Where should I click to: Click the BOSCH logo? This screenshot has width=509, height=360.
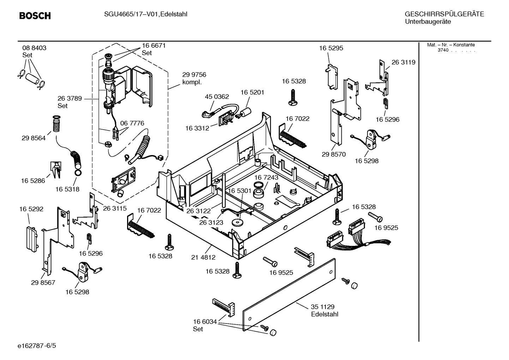tap(35, 16)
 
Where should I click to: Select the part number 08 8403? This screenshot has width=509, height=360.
tap(34, 48)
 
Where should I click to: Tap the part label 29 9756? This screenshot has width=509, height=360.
tap(194, 75)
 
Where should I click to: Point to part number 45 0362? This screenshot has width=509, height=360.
tap(217, 96)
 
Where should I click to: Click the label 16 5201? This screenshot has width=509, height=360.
tap(252, 92)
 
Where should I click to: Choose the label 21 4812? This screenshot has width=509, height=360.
tap(203, 258)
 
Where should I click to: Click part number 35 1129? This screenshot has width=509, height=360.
tap(322, 307)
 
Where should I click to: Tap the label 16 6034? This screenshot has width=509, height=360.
tap(205, 321)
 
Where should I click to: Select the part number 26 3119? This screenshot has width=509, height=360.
tap(403, 62)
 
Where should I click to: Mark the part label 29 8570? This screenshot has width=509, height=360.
tap(334, 154)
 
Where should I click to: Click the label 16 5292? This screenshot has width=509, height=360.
tap(31, 209)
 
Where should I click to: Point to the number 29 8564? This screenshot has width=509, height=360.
tap(34, 138)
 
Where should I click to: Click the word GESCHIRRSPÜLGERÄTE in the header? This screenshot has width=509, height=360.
tap(444, 14)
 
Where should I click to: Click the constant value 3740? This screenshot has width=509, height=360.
tap(443, 50)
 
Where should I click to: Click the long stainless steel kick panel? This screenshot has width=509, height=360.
tap(289, 295)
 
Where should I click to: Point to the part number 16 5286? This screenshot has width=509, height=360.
tap(33, 181)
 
